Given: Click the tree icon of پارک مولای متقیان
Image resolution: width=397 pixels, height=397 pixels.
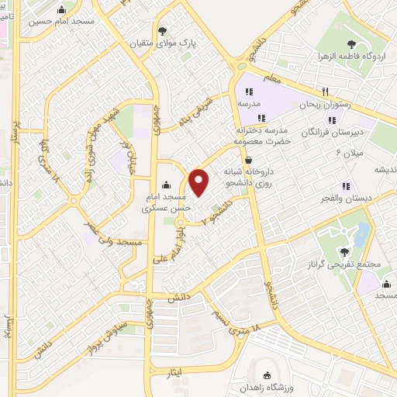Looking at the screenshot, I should tap(162, 31).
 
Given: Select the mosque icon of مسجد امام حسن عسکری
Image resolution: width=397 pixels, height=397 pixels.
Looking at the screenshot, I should tap(164, 186).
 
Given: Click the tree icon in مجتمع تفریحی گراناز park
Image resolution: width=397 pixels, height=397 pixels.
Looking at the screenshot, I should tap(344, 250).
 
